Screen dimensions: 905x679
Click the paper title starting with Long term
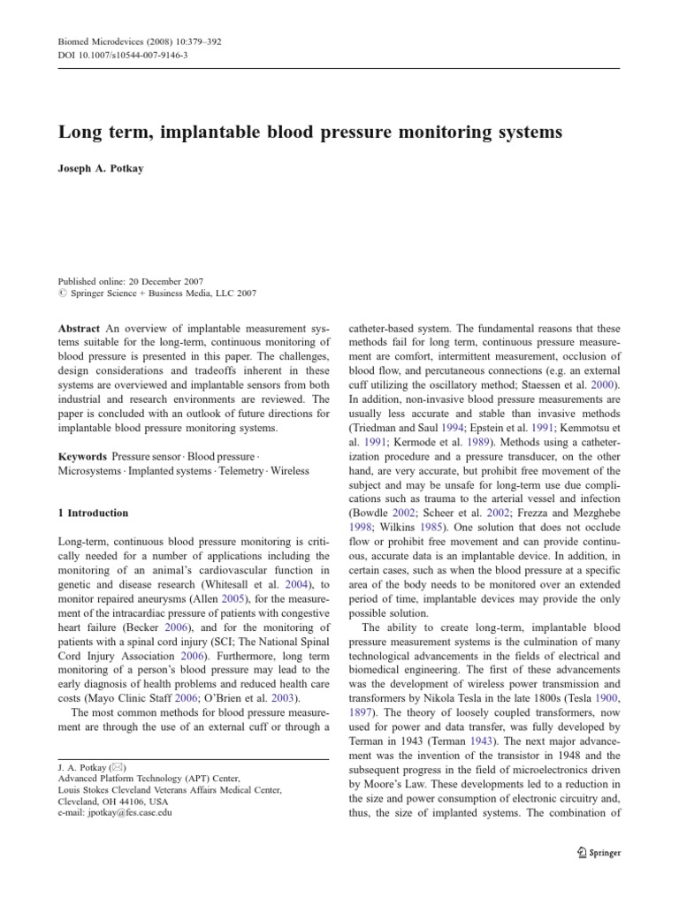tap(309, 133)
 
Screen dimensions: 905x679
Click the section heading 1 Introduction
tap(93, 513)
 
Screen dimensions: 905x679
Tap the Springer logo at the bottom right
tap(598, 853)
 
